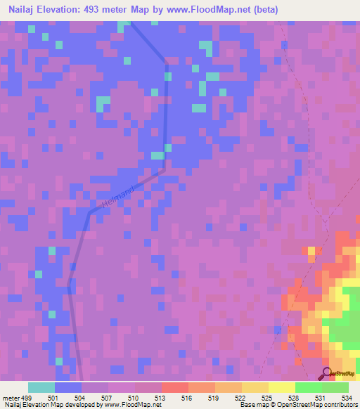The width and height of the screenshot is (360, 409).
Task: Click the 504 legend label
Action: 80,398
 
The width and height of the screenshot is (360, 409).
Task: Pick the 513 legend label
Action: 160,398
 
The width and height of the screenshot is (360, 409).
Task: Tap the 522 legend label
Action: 240,398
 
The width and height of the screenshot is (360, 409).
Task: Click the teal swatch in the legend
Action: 41,387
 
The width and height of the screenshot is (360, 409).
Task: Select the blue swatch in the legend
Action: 68,387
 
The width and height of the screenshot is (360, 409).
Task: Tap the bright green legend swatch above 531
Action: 309,387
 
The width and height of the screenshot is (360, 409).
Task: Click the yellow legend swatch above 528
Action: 282,387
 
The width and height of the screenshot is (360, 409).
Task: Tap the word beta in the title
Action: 267,10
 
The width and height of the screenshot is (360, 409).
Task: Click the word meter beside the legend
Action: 9,398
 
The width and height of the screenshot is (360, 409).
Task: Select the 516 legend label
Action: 187,398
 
